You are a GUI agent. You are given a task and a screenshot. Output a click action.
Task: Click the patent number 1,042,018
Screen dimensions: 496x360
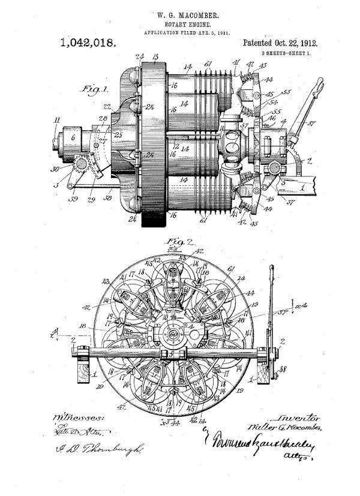tap(88, 43)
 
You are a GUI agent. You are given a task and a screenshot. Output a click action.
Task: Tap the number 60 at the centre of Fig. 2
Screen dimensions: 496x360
tap(174, 333)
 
